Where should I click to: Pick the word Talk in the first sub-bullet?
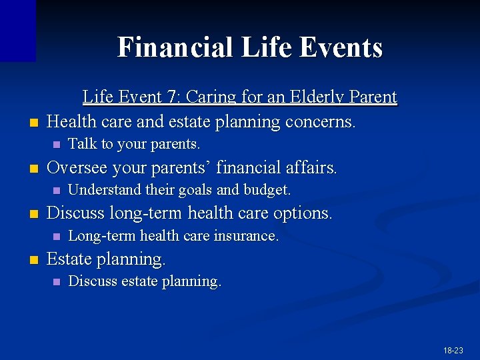[x=81, y=144]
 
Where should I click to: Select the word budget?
[x=267, y=190]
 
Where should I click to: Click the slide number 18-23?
[x=453, y=350]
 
